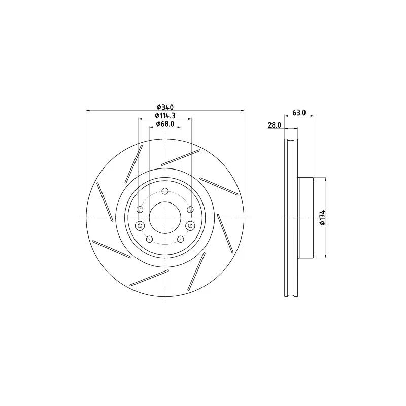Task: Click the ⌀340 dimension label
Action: tap(165, 107)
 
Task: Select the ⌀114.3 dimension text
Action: tap(165, 115)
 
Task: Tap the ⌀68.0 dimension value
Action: tap(165, 124)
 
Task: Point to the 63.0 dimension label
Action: tap(299, 112)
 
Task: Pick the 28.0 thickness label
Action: tap(275, 125)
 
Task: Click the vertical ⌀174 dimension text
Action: tap(323, 218)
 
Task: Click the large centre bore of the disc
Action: tap(165, 218)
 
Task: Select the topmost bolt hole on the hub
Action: tap(165, 191)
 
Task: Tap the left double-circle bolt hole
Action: tap(140, 226)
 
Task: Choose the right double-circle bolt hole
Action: tap(190, 226)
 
